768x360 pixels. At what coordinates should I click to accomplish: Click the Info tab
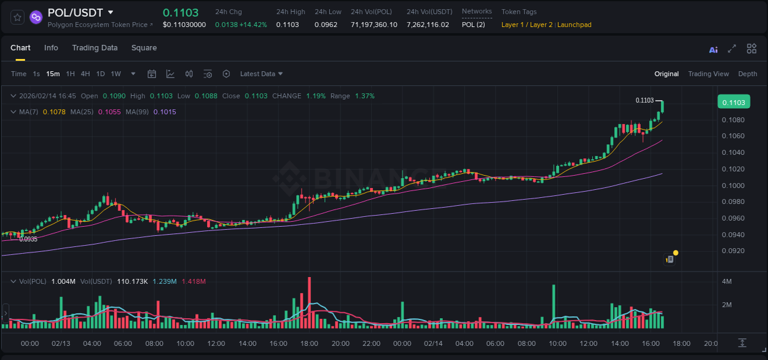51,48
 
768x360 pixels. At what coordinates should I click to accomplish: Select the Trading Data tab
95,48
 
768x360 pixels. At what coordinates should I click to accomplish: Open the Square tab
144,48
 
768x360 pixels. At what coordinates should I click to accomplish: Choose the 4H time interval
85,74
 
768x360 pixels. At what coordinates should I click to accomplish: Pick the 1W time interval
116,74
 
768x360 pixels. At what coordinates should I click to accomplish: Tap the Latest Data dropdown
261,74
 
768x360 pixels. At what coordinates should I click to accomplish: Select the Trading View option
708,74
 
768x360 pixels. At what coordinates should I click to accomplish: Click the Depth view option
748,74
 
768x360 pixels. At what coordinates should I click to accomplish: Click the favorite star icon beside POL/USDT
17,17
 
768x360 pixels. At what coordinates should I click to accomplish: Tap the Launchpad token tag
574,25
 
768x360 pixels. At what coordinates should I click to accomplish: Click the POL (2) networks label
473,25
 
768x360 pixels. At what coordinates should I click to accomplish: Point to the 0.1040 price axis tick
733,152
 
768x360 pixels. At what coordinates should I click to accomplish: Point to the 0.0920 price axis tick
733,251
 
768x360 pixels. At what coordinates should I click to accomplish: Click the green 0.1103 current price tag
734,103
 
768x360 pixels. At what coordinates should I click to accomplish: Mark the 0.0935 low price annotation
28,239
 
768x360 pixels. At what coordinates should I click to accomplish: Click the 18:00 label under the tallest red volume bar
309,343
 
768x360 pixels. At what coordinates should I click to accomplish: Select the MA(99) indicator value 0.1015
165,112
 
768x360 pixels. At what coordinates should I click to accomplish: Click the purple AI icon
713,50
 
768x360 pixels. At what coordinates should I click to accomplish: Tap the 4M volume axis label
726,281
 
